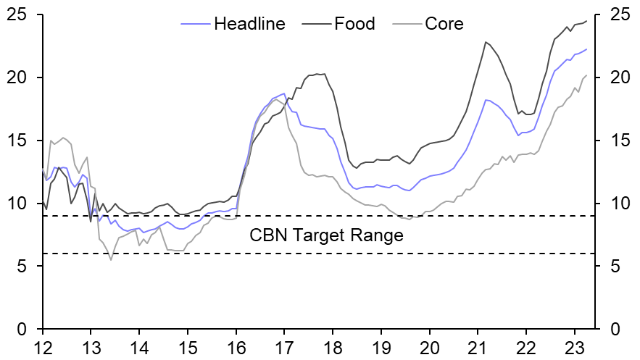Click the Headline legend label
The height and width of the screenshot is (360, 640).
249,24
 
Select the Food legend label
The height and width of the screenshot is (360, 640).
354,24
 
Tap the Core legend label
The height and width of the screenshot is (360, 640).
444,24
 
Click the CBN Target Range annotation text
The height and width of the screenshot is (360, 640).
326,235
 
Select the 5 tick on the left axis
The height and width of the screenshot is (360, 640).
23,267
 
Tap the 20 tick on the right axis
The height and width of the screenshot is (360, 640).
612,78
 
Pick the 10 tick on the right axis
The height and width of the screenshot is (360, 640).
612,204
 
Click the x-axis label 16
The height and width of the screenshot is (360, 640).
236,346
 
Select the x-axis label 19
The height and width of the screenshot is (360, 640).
381,346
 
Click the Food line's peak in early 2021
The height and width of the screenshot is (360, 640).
486,42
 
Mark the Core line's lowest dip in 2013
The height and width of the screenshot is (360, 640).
111,259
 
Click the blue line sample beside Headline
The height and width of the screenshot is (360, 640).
195,24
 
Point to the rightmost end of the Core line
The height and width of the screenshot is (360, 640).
586,75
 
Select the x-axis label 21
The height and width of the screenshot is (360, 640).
478,346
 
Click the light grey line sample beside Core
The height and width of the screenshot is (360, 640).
407,24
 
